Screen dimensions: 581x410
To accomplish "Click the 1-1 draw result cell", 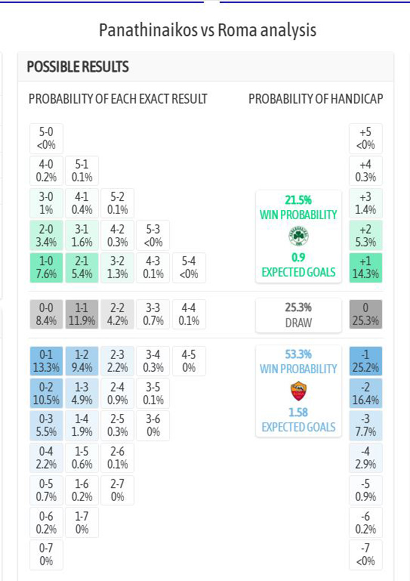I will coord(81,314).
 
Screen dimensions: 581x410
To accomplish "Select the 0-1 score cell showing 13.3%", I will coord(46,361).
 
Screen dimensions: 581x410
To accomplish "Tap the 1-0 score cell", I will coord(46,268).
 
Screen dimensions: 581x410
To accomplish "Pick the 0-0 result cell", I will coord(46,314).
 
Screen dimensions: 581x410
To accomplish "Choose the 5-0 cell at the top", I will coord(46,138).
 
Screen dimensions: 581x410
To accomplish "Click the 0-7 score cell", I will coord(46,555).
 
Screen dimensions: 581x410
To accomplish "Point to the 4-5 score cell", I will coord(189,361).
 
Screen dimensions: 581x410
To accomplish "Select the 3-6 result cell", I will coord(153,425).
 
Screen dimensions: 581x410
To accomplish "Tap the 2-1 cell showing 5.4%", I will coord(81,268).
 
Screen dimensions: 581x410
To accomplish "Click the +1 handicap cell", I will coord(366,268).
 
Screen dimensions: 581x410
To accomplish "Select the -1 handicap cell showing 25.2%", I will coord(366,361).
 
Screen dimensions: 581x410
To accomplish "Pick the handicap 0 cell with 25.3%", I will coord(366,314).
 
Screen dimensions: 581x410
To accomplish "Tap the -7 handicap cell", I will coord(366,555).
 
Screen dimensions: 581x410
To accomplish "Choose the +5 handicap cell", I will coord(366,138).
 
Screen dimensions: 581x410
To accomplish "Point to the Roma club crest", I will coord(299,391).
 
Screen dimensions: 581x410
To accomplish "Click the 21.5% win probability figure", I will coord(299,200).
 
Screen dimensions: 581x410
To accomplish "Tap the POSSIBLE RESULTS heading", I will coord(78,67).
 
